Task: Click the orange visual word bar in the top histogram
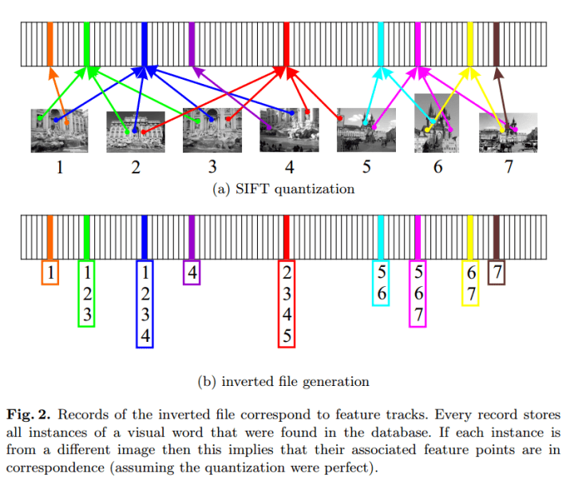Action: (x=49, y=43)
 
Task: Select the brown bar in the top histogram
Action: (x=497, y=43)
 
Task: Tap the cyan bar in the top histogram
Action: (x=380, y=43)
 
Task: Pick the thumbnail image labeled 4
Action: (x=289, y=130)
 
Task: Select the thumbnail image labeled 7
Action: (x=508, y=132)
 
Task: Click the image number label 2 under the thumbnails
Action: (x=135, y=167)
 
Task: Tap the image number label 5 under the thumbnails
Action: (x=366, y=167)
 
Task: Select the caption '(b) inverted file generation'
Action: (x=283, y=381)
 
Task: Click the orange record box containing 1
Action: (x=49, y=272)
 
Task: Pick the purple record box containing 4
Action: (x=192, y=272)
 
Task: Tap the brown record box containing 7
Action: (x=497, y=272)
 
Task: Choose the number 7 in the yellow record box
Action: (x=472, y=293)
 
